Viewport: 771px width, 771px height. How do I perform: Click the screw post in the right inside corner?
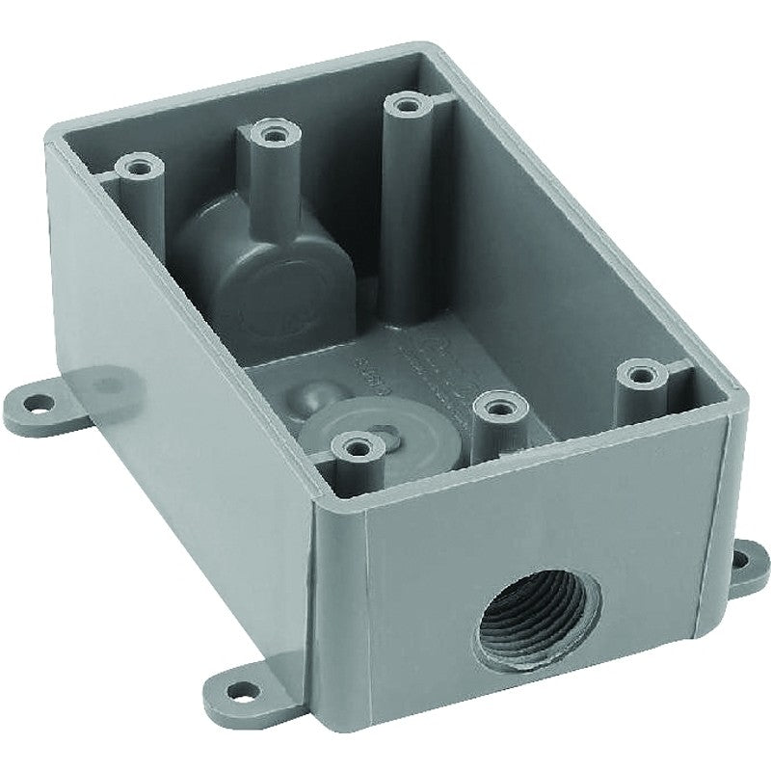[x=638, y=372]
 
